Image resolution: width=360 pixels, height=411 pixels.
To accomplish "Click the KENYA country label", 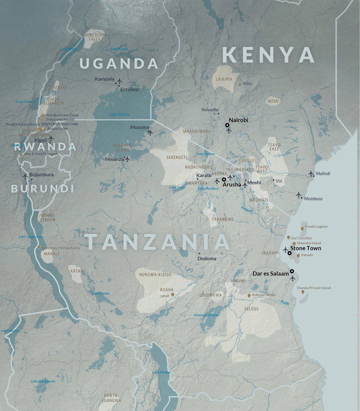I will pyautogui.click(x=268, y=55).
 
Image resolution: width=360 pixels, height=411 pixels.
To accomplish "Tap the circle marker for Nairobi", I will pyautogui.click(x=227, y=125).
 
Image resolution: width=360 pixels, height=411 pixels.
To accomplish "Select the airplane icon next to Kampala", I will pyautogui.click(x=119, y=81).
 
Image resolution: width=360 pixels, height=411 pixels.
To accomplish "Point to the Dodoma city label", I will pyautogui.click(x=207, y=258).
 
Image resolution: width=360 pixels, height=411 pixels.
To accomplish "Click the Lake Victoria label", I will pyautogui.click(x=119, y=114).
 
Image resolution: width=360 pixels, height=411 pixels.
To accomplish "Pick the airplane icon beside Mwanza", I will pyautogui.click(x=127, y=159).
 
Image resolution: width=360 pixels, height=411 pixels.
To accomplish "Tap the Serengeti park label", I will pyautogui.click(x=177, y=157).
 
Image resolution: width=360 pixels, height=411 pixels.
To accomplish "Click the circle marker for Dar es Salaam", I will pyautogui.click(x=292, y=271).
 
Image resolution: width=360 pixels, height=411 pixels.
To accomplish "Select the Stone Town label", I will pyautogui.click(x=305, y=248).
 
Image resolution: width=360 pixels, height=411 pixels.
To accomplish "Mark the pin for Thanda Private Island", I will pyautogui.click(x=302, y=292).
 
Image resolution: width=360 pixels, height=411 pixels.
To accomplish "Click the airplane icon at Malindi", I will pyautogui.click(x=311, y=173).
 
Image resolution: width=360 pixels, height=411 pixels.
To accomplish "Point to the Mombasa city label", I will pyautogui.click(x=313, y=199).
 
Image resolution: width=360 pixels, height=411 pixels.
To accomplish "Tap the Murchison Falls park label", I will pyautogui.click(x=95, y=37).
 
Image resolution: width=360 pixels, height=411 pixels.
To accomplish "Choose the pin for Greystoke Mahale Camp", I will pyautogui.click(x=39, y=247).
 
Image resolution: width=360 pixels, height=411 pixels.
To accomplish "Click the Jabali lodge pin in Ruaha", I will pyautogui.click(x=172, y=295).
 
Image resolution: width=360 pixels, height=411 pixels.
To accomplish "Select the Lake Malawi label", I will pyautogui.click(x=161, y=372).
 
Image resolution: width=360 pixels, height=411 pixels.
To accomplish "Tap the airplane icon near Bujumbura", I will pyautogui.click(x=25, y=176).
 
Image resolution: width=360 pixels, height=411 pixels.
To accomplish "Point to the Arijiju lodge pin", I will pyautogui.click(x=239, y=85).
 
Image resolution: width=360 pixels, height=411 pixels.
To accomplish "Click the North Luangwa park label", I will pyautogui.click(x=111, y=398).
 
